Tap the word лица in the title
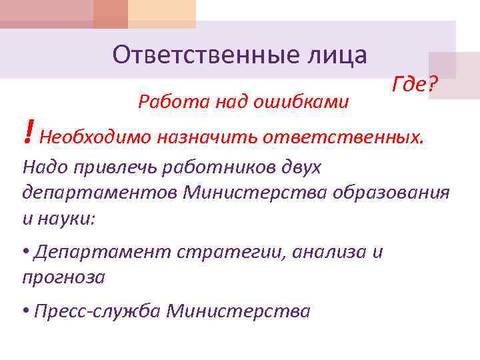336,55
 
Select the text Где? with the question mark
415,85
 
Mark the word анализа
333,252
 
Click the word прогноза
63,277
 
